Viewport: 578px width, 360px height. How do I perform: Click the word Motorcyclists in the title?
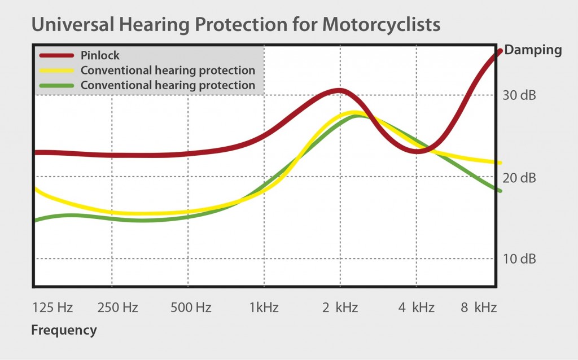pos(381,25)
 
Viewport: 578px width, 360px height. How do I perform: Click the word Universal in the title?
pos(73,25)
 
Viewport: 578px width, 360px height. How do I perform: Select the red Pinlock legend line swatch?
pos(57,56)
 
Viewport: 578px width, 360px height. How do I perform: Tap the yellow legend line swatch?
pos(57,71)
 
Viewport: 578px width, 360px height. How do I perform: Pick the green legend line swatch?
pos(57,86)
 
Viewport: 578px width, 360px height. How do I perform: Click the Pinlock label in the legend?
pos(100,55)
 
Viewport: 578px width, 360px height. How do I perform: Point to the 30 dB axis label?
pos(519,95)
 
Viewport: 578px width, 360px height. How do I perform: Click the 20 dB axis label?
pos(519,178)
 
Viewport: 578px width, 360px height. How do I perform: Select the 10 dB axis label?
pos(519,259)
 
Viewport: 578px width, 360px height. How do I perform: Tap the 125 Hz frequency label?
pos(52,308)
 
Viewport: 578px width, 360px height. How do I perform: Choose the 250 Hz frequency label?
pos(117,308)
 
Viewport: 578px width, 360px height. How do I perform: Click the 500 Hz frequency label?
pos(191,308)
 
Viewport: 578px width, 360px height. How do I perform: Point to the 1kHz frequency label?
pos(264,308)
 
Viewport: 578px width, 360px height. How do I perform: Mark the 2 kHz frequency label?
pos(340,308)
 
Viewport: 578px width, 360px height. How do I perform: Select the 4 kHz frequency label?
pos(416,308)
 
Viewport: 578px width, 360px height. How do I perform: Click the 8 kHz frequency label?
pos(479,308)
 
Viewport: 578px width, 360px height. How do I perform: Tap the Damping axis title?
pos(533,50)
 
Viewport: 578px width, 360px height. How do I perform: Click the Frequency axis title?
pos(64,330)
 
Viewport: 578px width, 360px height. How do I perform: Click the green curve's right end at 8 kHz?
pos(500,191)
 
